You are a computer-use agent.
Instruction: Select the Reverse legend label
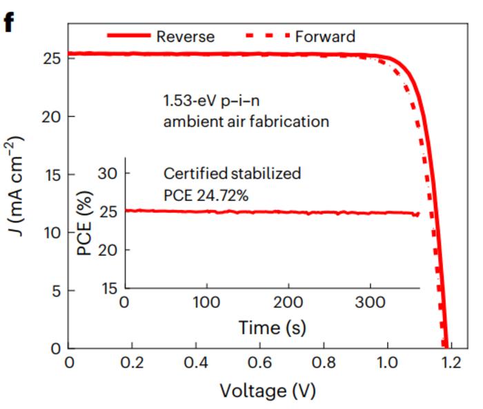pyautogui.click(x=186, y=36)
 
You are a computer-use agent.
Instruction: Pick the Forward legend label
pyautogui.click(x=325, y=36)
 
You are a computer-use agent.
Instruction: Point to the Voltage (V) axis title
pyautogui.click(x=268, y=391)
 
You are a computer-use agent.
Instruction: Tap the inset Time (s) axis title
pyautogui.click(x=272, y=326)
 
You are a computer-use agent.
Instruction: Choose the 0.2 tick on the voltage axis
pyautogui.click(x=132, y=363)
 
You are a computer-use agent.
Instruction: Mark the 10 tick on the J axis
pyautogui.click(x=48, y=233)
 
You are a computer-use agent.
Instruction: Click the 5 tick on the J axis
pyautogui.click(x=53, y=291)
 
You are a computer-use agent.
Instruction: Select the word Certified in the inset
pyautogui.click(x=190, y=173)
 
